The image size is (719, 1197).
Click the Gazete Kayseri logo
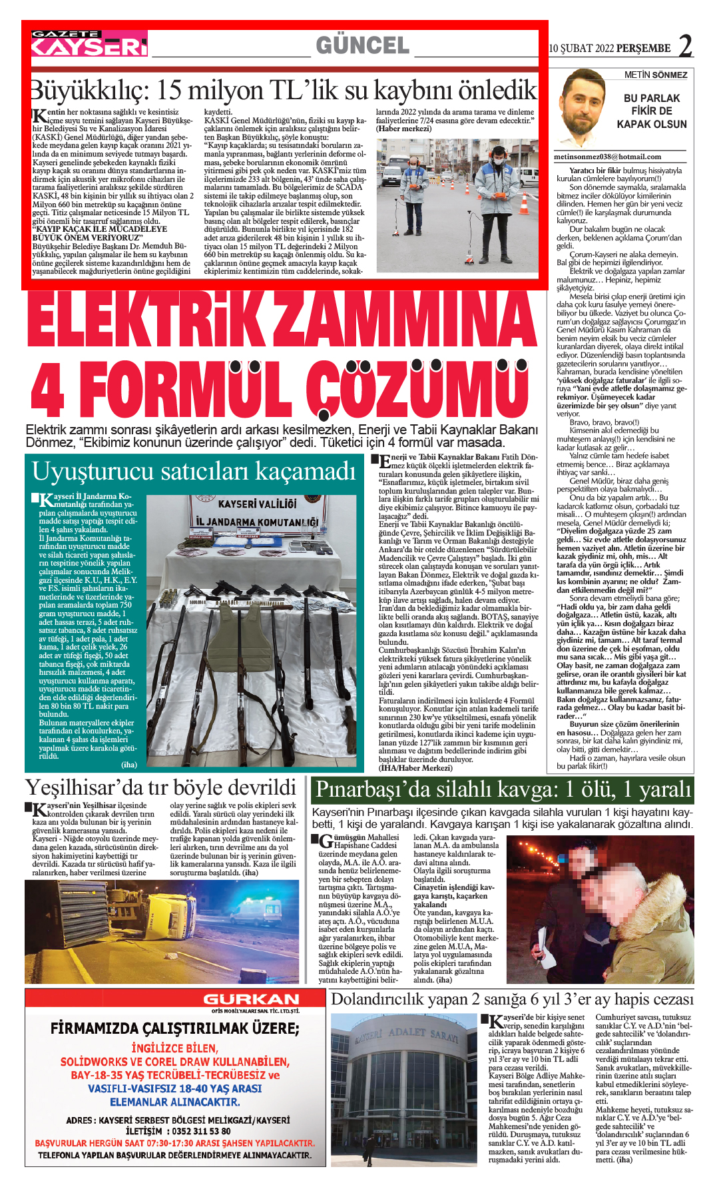(89, 44)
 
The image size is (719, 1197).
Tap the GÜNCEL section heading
(363, 45)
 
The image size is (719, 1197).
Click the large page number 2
(685, 46)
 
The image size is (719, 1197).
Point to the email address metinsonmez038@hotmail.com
(608, 157)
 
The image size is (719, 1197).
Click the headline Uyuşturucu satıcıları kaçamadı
(194, 471)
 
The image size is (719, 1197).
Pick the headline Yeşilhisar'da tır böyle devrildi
(160, 788)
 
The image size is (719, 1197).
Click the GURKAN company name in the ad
(251, 999)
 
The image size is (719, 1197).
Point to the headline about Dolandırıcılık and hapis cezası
(512, 999)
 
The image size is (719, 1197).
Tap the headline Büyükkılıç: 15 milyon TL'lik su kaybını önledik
(284, 90)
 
